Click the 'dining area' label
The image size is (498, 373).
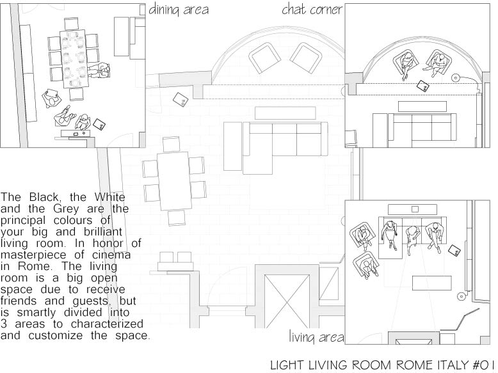[x=179, y=10]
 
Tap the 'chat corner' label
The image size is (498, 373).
[x=312, y=10]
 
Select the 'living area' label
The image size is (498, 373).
[x=316, y=337]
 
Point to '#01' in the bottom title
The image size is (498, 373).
[x=484, y=365]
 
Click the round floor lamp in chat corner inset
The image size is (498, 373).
[x=456, y=77]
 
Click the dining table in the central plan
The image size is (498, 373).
[x=175, y=180]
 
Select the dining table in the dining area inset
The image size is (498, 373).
[x=74, y=58]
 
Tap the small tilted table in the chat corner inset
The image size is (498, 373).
[x=423, y=86]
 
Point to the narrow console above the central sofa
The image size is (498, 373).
[x=282, y=113]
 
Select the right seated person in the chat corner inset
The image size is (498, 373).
[x=439, y=63]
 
